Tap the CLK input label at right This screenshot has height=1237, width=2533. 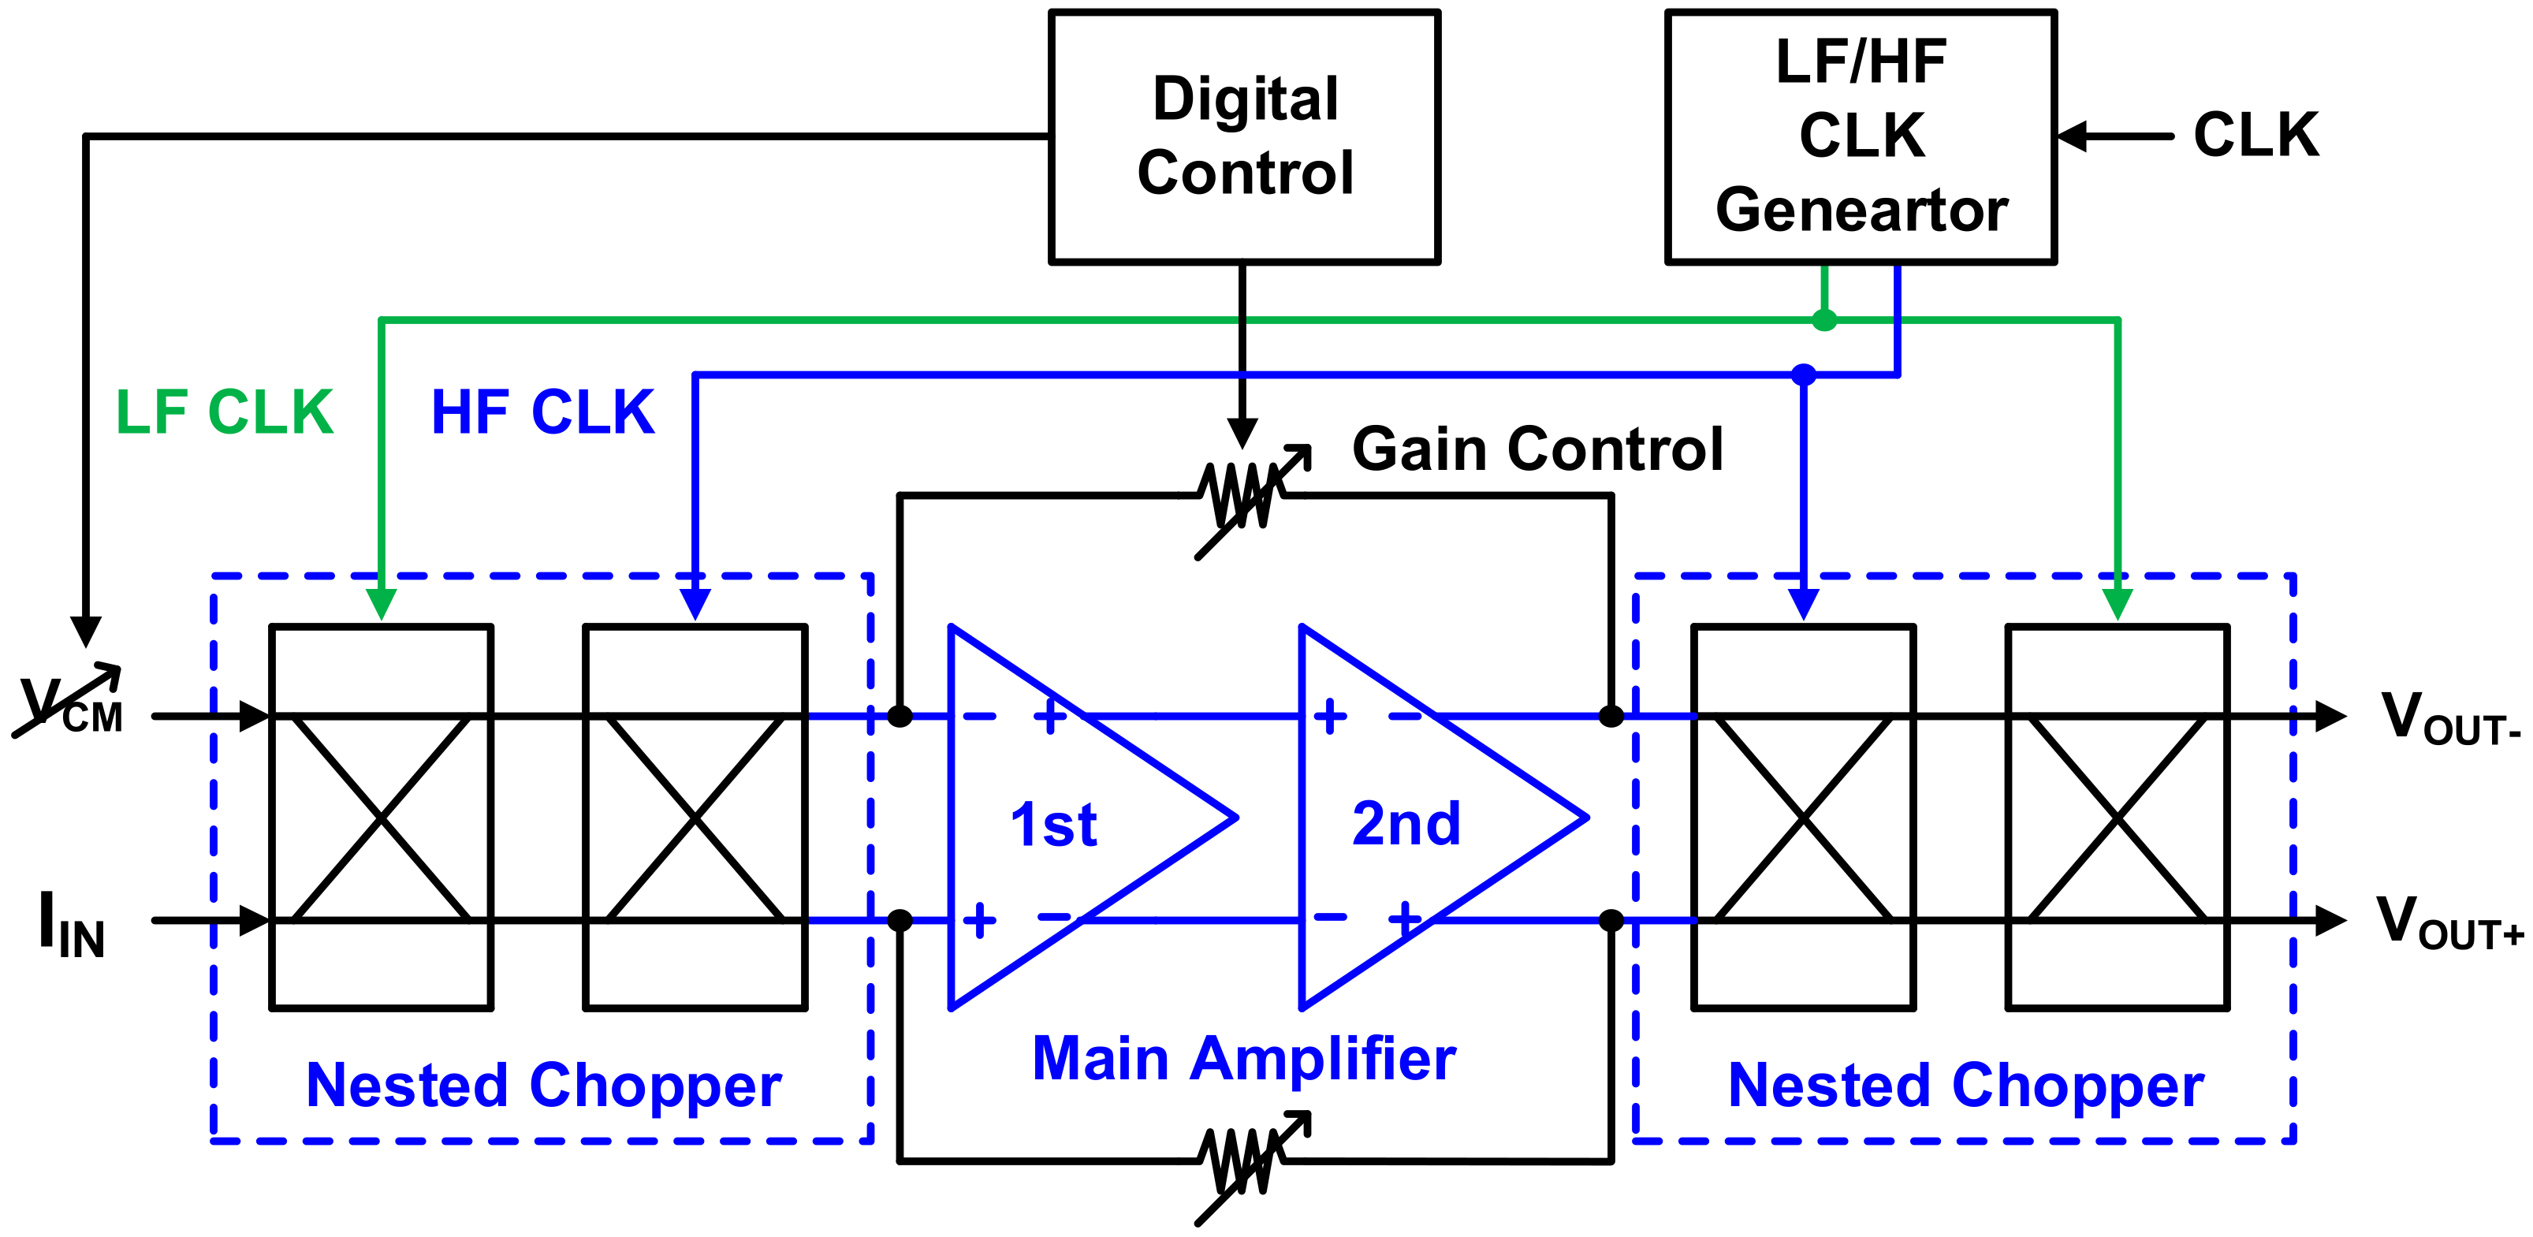click(x=2255, y=136)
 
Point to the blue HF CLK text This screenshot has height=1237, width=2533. click(x=542, y=412)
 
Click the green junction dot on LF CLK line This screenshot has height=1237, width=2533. click(x=1824, y=319)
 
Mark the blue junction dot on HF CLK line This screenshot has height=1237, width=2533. click(x=1804, y=374)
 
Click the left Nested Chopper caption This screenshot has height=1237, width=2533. click(x=544, y=1086)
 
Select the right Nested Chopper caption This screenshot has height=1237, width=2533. click(x=1967, y=1086)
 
